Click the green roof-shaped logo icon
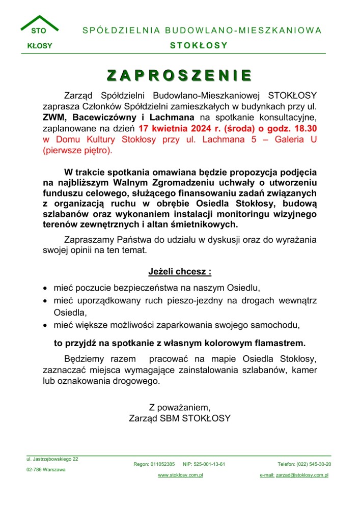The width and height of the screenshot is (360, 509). point(39,23)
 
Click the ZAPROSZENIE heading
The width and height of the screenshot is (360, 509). point(180,75)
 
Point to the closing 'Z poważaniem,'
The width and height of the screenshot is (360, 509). point(180,407)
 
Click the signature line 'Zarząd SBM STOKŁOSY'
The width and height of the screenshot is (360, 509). point(180,418)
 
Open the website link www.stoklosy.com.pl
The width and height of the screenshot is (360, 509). point(180,475)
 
